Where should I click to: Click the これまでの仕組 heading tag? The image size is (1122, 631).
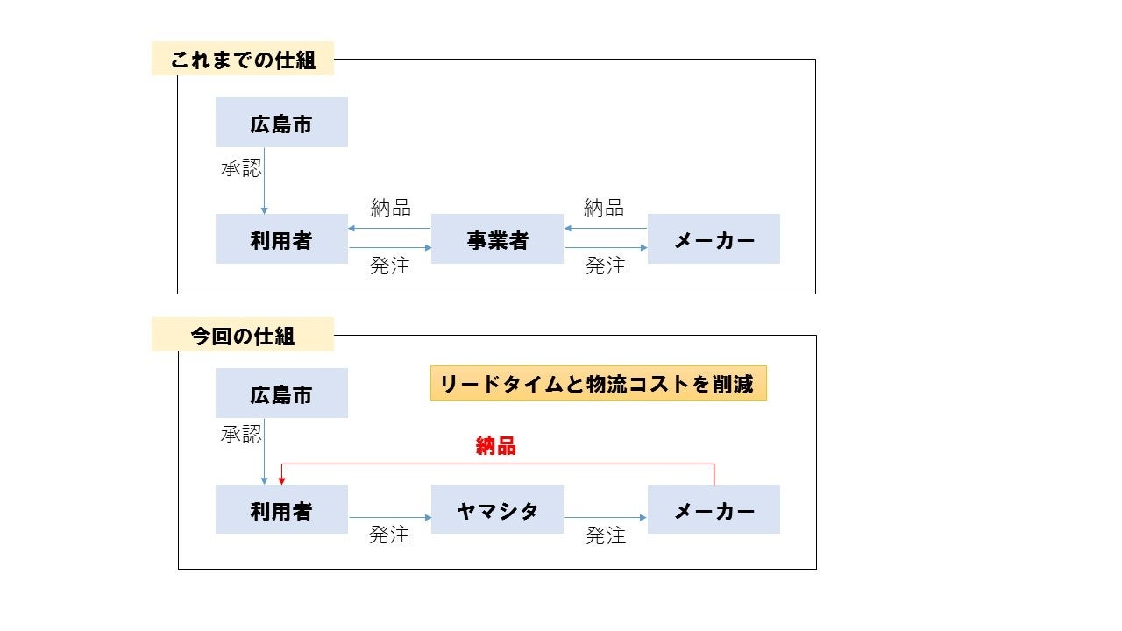point(243,60)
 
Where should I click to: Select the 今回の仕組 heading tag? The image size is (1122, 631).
point(243,335)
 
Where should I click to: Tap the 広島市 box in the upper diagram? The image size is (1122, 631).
point(281,123)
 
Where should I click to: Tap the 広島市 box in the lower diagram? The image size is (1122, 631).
point(281,393)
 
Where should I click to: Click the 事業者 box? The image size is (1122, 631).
point(497,239)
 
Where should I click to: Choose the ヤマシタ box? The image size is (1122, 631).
point(497,510)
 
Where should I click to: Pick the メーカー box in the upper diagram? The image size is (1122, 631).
point(714,239)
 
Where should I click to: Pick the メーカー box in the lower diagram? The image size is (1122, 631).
point(714,510)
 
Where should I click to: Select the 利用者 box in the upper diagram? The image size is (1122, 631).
point(281,239)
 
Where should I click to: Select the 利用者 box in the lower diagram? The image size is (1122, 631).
point(281,510)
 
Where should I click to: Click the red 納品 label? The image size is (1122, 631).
point(495,446)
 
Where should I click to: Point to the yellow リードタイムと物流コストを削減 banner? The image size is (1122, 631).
point(598,384)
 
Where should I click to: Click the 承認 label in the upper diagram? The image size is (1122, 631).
point(240,167)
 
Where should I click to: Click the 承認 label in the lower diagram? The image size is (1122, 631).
point(240,433)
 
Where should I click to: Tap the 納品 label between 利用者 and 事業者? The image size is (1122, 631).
point(390,208)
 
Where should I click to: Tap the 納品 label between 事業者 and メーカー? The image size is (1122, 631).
point(604,208)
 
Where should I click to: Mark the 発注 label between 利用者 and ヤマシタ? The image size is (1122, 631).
point(389,535)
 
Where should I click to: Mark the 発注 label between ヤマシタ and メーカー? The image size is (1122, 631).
point(606,535)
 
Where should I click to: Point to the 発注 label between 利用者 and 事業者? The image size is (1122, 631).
point(390,266)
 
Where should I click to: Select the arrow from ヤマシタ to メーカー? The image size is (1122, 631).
point(605,518)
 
